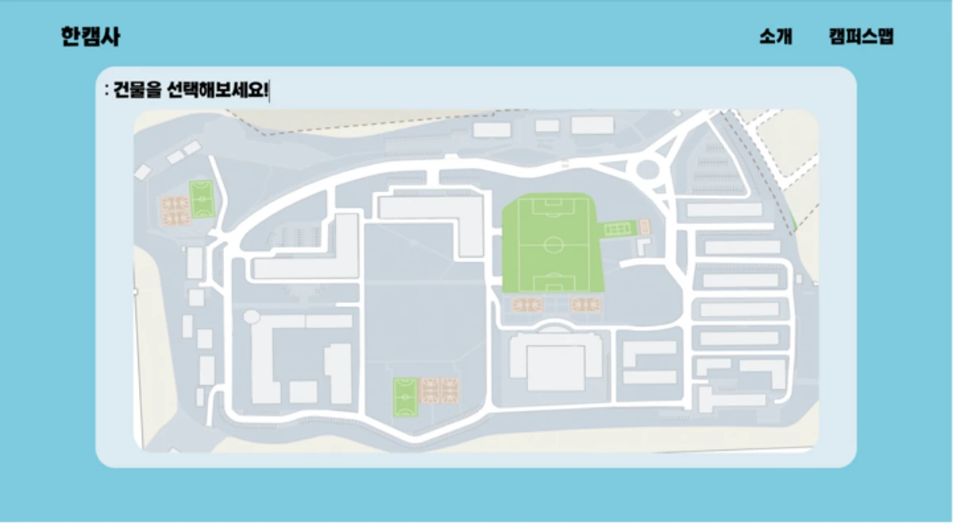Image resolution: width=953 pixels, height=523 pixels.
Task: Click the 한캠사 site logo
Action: (91, 37)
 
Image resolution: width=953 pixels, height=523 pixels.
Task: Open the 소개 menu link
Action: (776, 37)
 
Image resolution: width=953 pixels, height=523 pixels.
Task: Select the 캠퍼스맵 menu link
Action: (862, 37)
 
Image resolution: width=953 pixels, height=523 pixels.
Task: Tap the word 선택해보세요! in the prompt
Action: (218, 90)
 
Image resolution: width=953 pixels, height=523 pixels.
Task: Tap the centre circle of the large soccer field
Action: (553, 245)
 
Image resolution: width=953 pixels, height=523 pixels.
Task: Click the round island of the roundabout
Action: (647, 170)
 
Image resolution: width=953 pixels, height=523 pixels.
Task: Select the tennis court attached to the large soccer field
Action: (618, 229)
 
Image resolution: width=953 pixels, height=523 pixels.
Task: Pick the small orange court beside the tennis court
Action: (645, 227)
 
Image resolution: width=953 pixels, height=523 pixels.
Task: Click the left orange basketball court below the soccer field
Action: (527, 305)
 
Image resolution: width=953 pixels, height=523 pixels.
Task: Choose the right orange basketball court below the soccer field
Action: (585, 305)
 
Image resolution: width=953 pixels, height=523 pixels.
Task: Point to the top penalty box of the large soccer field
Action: (553, 206)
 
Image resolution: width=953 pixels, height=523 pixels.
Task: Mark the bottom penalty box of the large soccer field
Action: (554, 283)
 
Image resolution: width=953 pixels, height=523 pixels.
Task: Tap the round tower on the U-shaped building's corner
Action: (252, 317)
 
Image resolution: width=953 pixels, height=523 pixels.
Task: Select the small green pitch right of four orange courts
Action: (202, 199)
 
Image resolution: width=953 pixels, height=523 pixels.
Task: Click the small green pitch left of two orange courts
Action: (405, 397)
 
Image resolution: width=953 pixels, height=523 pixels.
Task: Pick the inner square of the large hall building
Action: (556, 367)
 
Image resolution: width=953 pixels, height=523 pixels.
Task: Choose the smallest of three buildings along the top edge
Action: (546, 126)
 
